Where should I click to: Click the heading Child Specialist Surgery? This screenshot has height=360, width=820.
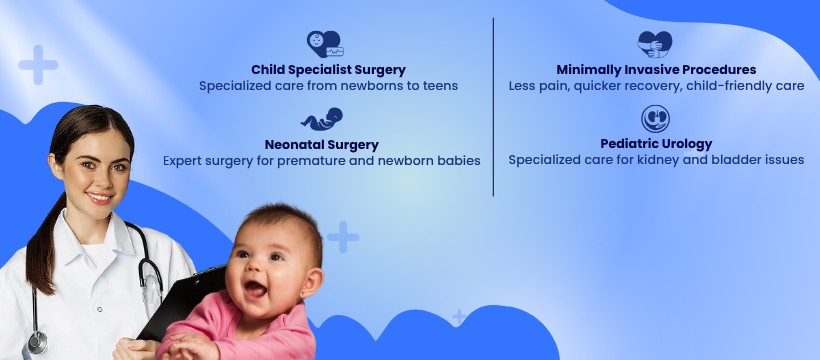click(328, 70)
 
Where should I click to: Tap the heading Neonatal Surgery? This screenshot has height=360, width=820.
click(322, 144)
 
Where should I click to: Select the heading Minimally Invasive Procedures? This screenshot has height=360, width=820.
click(656, 70)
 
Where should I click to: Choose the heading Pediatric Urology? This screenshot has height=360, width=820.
click(656, 144)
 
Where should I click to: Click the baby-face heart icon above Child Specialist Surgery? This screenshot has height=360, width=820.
click(325, 44)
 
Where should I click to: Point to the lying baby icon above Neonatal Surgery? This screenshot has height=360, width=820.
click(322, 119)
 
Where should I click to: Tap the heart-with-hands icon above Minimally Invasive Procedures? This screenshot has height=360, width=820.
click(655, 44)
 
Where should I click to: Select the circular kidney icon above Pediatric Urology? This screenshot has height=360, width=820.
click(655, 119)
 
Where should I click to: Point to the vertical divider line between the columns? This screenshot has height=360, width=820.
click(493, 107)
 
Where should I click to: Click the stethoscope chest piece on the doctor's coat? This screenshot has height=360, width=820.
click(38, 342)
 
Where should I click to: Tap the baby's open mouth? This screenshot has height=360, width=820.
click(255, 288)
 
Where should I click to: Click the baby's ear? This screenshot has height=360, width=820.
click(311, 283)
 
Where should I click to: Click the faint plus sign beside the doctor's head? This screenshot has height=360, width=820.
click(38, 65)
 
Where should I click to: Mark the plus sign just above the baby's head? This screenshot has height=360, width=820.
click(343, 237)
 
